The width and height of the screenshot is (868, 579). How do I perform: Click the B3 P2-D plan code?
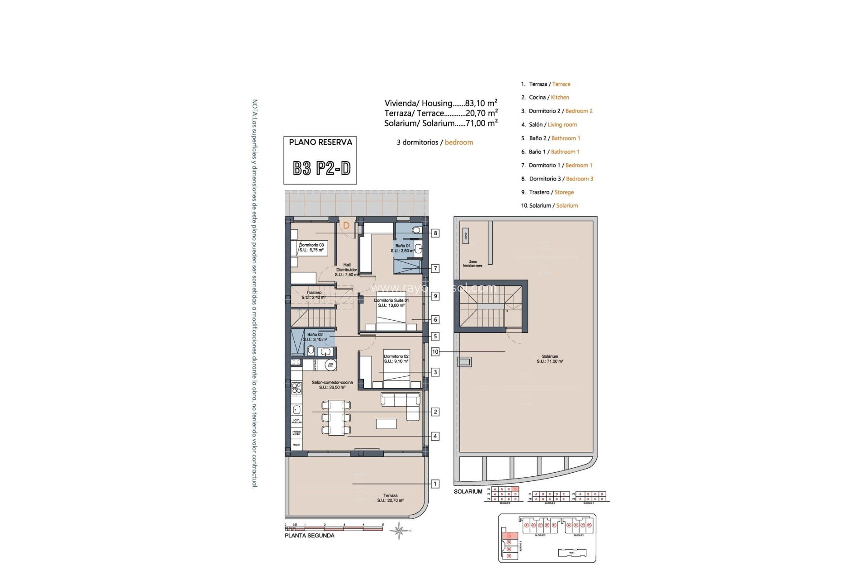tap(321, 168)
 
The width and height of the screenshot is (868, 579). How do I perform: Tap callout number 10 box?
tap(435, 351)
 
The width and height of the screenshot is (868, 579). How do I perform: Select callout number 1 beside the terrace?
tap(435, 484)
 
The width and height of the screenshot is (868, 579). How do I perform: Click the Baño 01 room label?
tap(403, 248)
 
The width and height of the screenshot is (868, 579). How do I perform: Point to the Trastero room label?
tap(313, 295)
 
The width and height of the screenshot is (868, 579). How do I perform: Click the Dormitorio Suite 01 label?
tap(391, 303)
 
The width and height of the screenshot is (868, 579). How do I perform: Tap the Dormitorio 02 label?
tap(396, 359)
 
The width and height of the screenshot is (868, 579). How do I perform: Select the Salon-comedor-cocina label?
tap(332, 385)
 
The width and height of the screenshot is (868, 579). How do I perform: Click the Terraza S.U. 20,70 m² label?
tap(390, 498)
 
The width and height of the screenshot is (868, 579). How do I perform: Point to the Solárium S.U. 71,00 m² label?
tap(550, 359)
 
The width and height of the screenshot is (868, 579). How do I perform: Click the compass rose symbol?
tap(399, 531)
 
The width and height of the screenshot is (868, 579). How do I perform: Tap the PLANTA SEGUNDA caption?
tap(309, 536)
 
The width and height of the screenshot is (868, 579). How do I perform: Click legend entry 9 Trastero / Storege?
tap(547, 192)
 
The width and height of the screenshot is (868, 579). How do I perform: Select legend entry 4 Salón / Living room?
tap(549, 124)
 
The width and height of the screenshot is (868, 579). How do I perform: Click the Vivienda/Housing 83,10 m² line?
tap(441, 103)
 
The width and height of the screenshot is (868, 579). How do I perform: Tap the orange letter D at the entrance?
tap(346, 225)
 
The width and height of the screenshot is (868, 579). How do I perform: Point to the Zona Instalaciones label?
tap(472, 263)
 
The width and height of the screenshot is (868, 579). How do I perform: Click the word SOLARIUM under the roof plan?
tap(468, 492)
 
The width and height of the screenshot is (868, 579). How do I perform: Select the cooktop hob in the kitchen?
tap(296, 388)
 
